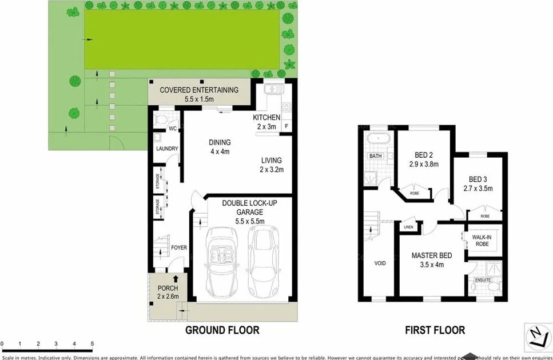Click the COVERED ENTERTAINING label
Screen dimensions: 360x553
point(198,90)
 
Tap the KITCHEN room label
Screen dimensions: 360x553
point(266,118)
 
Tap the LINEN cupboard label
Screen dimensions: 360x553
point(408,227)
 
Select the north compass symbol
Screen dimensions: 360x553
point(538,337)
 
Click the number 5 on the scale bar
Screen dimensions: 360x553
point(92,343)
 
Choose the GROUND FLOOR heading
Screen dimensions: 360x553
point(222,330)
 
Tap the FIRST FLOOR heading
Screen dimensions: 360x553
point(434,330)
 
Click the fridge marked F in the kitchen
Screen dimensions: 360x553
point(287,127)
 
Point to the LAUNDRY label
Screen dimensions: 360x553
point(167,149)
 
